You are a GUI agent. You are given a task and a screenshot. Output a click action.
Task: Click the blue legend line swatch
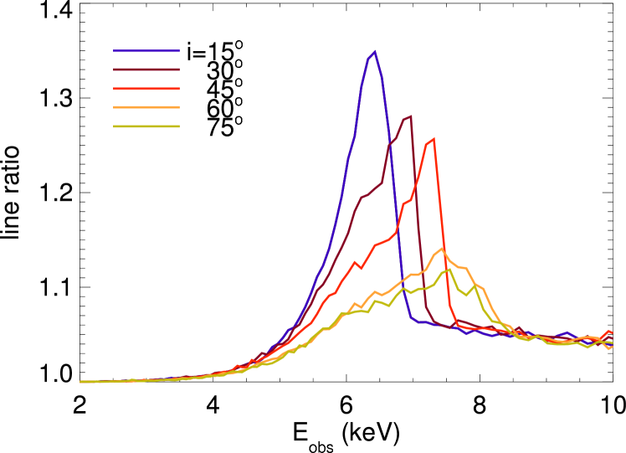[146, 51]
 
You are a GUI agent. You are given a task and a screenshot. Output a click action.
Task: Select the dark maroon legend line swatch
[146, 69]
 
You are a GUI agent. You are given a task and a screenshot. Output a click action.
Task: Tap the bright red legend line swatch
[146, 89]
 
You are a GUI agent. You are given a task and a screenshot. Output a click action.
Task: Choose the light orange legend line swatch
[146, 107]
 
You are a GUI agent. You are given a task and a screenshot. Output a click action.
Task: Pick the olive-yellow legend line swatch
[146, 126]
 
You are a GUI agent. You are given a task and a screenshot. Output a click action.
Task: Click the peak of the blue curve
[374, 52]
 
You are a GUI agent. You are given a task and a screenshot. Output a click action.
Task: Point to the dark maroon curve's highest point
[411, 116]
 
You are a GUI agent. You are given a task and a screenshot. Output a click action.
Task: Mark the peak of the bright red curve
[433, 139]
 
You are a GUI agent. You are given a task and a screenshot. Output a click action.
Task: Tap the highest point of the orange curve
[442, 248]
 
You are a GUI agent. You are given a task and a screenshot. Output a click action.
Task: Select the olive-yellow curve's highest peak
[449, 269]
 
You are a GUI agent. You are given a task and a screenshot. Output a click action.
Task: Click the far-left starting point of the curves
[81, 382]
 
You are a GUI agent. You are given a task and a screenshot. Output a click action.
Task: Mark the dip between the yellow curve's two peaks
[467, 296]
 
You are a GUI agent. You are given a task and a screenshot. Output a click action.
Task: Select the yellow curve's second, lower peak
[476, 286]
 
